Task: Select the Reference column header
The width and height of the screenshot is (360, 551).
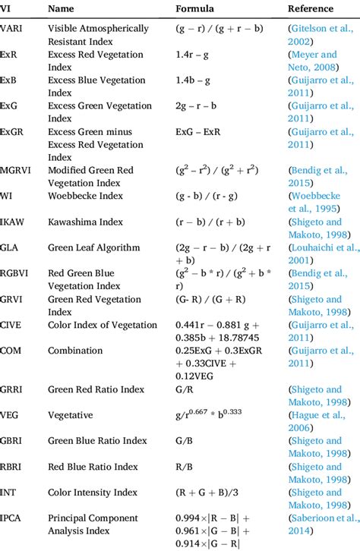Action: tap(310, 9)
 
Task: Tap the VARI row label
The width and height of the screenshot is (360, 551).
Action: tap(14, 29)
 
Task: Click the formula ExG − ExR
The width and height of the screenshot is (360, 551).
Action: tap(202, 132)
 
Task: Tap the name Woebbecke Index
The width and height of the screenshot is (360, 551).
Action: tap(85, 196)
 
